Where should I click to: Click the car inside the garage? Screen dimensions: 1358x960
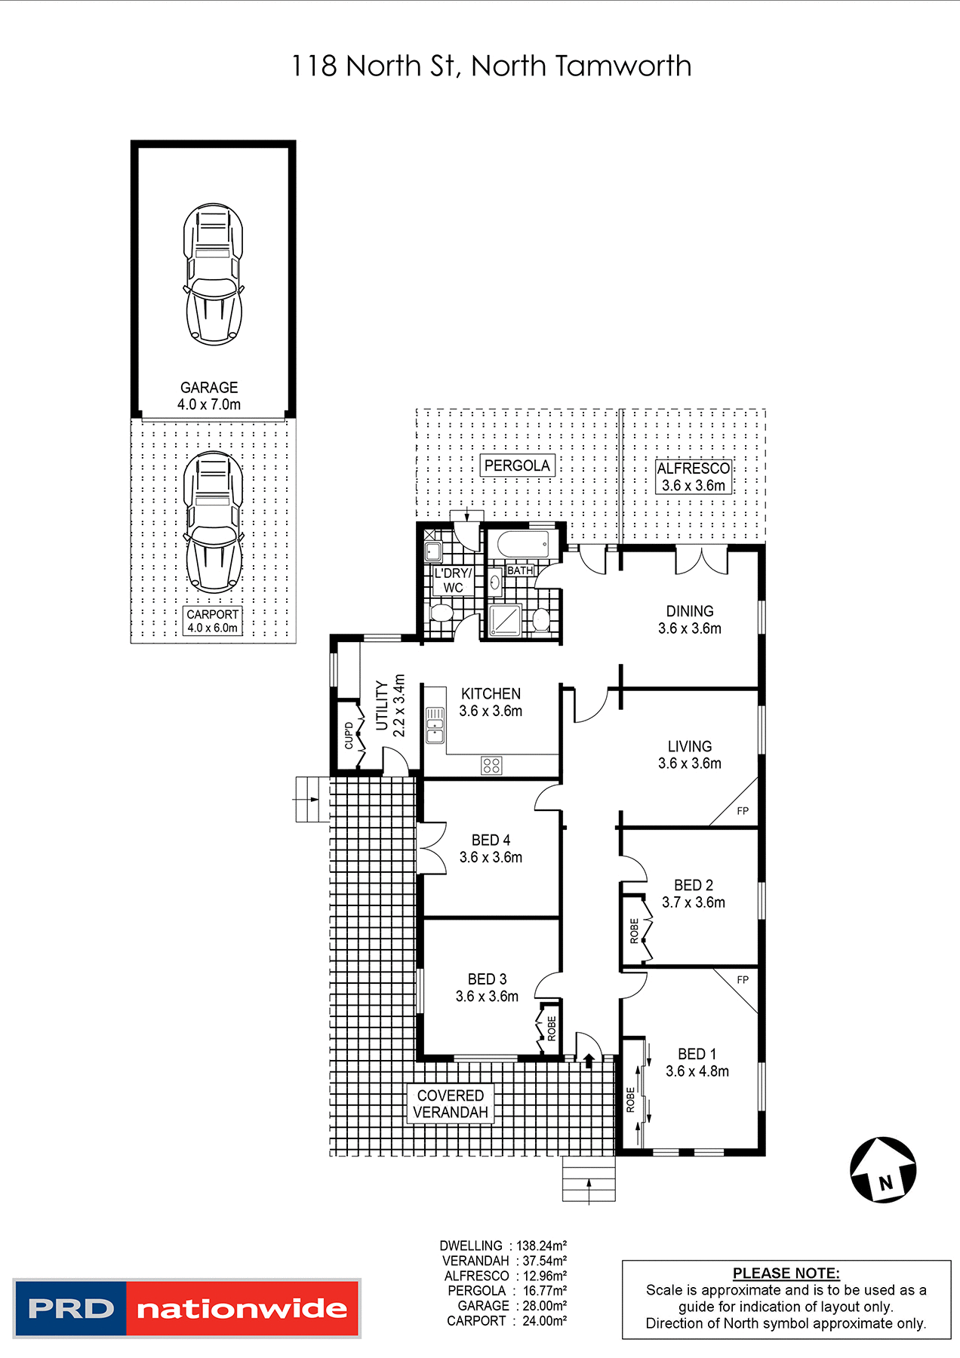[213, 274]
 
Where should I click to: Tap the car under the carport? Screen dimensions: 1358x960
[213, 522]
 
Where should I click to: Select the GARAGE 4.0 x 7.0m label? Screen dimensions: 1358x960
[209, 396]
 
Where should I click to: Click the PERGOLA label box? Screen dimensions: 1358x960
[517, 465]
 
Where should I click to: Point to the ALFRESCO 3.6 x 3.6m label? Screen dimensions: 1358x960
[693, 477]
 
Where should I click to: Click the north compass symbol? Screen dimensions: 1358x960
[883, 1169]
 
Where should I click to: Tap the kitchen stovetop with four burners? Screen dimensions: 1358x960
[491, 766]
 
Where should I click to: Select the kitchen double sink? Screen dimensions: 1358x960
[435, 725]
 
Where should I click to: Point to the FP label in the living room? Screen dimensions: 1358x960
[743, 811]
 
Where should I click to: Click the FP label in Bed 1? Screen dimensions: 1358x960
[743, 980]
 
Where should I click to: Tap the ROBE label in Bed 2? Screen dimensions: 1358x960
[634, 930]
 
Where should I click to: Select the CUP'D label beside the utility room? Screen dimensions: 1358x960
[349, 736]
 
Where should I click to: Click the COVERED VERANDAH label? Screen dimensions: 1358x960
[451, 1104]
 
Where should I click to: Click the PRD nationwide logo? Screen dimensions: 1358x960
[186, 1308]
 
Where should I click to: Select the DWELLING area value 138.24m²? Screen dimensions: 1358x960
[541, 1246]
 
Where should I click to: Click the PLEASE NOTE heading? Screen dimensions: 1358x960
[786, 1273]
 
